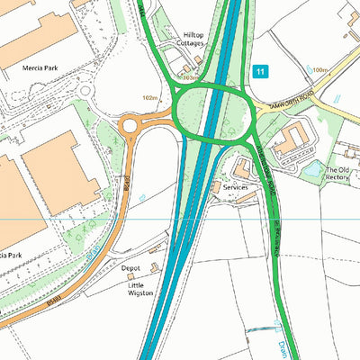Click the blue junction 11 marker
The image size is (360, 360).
261,71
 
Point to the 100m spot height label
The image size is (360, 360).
319,69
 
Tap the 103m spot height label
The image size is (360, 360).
190,78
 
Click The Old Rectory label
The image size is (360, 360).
337,174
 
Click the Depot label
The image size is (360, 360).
131,267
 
